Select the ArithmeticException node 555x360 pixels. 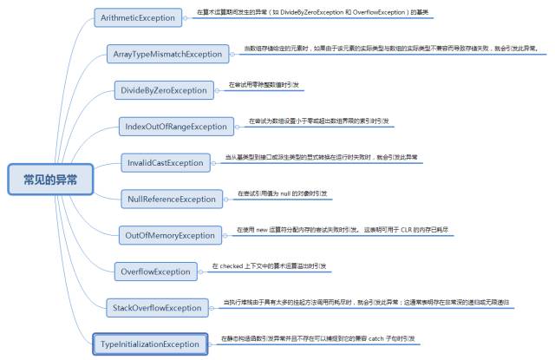(139, 17)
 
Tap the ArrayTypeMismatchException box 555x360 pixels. (167, 54)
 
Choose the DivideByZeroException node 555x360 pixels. (163, 90)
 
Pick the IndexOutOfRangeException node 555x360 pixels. (176, 127)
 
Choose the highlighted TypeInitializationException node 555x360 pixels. (149, 344)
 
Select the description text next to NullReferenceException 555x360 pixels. (283, 193)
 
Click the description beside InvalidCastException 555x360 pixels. (321, 157)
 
